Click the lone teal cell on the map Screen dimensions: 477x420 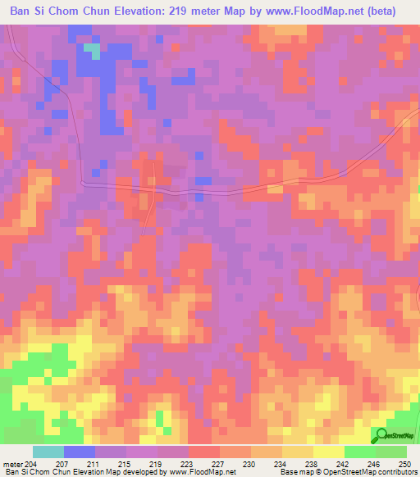tap(96, 51)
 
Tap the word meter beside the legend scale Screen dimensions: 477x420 tap(13, 464)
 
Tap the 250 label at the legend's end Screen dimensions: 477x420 tap(402, 464)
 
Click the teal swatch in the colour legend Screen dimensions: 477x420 tap(48, 452)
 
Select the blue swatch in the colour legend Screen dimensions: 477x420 tap(80, 452)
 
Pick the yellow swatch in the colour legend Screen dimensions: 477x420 tap(329, 452)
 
